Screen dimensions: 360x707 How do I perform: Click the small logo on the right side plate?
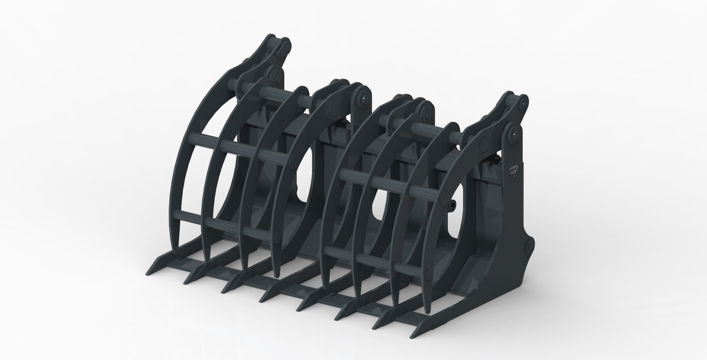pyautogui.click(x=513, y=170)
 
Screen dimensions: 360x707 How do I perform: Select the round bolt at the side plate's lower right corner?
pyautogui.click(x=529, y=245)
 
